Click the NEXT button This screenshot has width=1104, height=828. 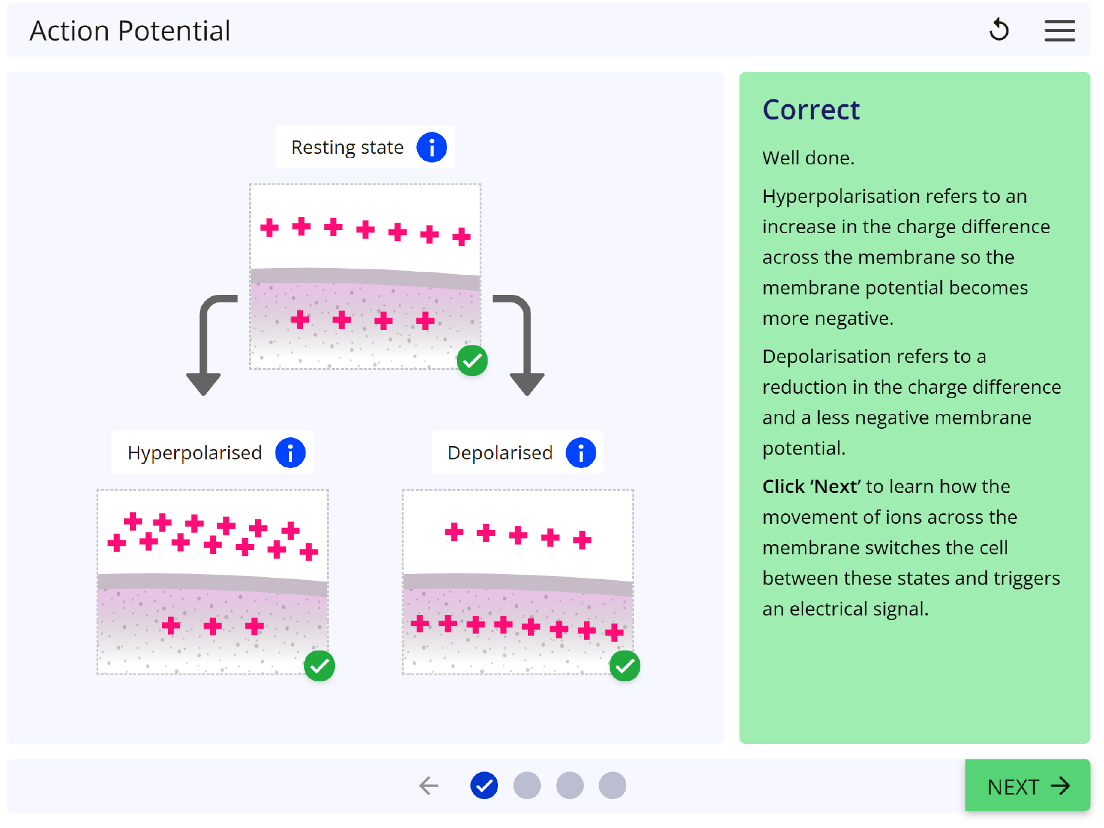click(x=1027, y=786)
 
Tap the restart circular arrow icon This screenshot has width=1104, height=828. click(x=999, y=30)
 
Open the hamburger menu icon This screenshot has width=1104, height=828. click(x=1060, y=31)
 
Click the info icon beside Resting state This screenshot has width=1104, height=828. click(x=432, y=147)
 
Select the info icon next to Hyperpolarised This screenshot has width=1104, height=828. click(x=290, y=453)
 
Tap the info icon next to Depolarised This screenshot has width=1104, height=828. click(x=580, y=453)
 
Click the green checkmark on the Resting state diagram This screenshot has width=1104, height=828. click(x=472, y=361)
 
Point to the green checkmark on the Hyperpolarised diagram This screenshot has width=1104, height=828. click(x=320, y=666)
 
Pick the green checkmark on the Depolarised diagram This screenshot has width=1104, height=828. click(x=625, y=666)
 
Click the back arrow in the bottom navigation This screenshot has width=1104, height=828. click(x=429, y=786)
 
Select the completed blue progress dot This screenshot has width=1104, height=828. click(x=484, y=786)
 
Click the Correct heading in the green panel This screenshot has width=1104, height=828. click(x=811, y=110)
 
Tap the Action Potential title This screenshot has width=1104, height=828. click(x=130, y=31)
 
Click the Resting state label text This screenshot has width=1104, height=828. click(x=347, y=147)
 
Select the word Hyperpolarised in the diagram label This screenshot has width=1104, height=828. click(x=194, y=453)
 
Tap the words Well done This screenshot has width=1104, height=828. click(x=808, y=158)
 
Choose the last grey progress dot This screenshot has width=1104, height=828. click(x=612, y=786)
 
